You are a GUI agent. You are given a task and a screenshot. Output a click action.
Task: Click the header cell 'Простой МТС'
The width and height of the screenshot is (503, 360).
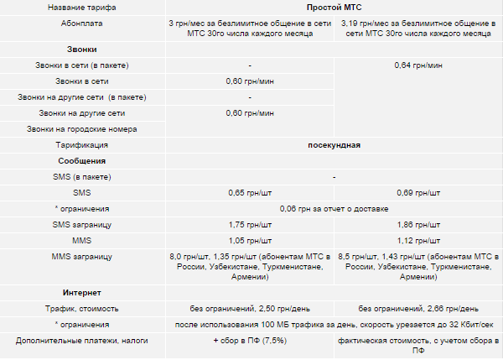point(334,7)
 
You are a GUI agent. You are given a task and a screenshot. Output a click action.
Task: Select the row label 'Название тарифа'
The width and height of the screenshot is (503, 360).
point(82,7)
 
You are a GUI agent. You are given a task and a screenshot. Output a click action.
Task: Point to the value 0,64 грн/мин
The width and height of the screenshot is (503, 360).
point(418,65)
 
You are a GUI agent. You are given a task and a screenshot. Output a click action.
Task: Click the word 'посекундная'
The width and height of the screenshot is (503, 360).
point(334,145)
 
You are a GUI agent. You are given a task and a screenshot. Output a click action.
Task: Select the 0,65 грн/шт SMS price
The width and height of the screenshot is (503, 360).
point(251,193)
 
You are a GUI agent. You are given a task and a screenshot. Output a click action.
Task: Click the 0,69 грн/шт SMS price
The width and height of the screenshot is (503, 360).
point(418,193)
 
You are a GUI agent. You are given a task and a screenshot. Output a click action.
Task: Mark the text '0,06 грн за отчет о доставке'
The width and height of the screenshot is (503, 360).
point(334,208)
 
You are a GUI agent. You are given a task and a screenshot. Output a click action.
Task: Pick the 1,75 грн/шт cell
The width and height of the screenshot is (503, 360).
point(251,225)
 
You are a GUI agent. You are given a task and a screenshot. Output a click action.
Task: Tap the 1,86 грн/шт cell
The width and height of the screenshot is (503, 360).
point(418,225)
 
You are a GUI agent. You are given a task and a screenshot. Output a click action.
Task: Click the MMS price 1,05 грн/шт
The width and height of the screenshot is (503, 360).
point(251,241)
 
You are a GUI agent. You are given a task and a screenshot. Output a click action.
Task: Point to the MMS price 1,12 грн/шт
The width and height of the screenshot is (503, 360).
point(418,241)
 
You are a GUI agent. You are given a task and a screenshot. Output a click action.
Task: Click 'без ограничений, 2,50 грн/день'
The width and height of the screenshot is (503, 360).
point(251,308)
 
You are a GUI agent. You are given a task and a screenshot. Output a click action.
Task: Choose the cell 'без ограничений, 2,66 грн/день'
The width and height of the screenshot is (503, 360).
point(418,308)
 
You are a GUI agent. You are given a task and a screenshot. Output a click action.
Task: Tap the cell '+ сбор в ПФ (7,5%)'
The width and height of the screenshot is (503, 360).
point(251,341)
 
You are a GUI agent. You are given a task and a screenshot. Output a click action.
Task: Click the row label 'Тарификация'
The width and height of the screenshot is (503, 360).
point(82,145)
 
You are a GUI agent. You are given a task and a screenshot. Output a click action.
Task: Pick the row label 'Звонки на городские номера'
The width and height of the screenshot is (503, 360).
point(82,129)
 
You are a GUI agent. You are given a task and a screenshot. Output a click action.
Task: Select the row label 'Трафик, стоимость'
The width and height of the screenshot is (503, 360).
point(82,308)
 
